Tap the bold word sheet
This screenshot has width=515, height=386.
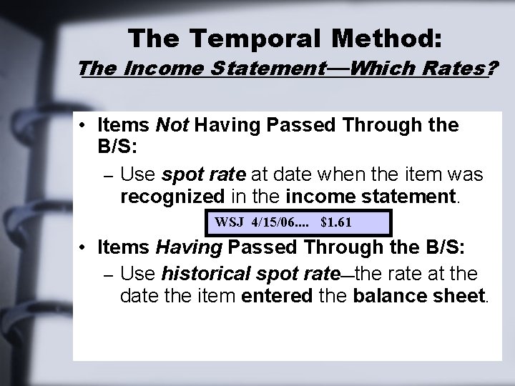coord(453,295)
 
